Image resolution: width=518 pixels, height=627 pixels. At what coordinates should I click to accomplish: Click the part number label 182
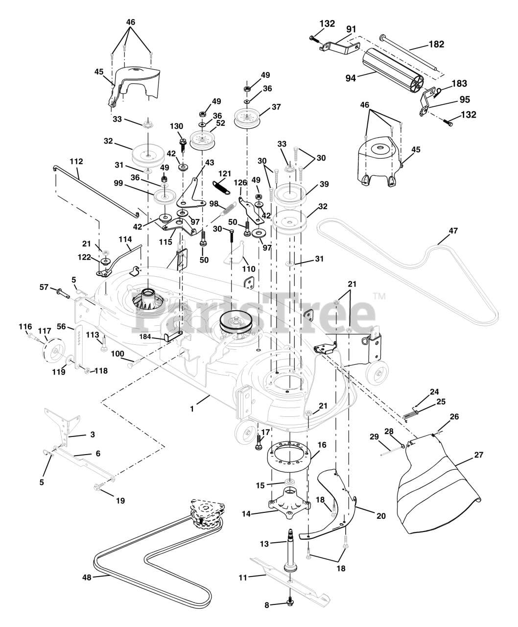436,44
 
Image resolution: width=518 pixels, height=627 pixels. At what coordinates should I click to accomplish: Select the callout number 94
351,77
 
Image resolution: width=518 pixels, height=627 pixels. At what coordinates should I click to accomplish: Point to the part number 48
87,578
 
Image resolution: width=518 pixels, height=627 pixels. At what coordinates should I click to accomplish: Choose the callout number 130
176,126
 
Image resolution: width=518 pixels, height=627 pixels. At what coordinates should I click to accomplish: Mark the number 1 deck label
192,408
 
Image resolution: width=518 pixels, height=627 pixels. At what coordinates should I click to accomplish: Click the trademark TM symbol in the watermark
379,296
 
